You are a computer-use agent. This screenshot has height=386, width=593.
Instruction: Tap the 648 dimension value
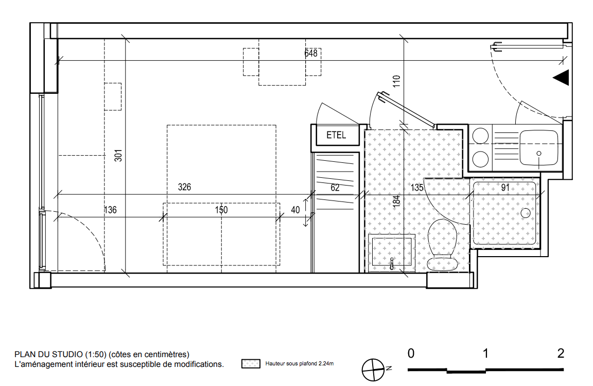click(x=311, y=53)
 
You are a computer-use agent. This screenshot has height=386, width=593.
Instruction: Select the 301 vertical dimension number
click(x=118, y=155)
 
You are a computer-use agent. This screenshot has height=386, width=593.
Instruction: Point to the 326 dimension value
click(x=185, y=187)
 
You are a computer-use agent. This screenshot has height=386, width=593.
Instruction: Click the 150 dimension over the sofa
click(x=221, y=210)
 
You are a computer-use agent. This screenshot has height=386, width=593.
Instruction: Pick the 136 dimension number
click(x=110, y=210)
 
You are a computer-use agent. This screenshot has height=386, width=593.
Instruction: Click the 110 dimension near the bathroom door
click(x=396, y=81)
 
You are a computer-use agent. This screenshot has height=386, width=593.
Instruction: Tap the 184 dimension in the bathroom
click(x=396, y=202)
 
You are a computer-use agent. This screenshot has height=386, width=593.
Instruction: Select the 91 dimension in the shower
click(x=505, y=188)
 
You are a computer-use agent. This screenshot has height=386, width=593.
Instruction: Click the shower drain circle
click(x=526, y=213)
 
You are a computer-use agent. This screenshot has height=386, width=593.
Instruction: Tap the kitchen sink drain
click(x=539, y=154)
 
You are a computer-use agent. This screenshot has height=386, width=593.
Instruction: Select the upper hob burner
click(x=480, y=136)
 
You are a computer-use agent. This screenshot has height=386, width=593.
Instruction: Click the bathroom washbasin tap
click(x=392, y=263)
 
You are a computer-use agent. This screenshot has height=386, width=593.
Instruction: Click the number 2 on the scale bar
click(x=561, y=354)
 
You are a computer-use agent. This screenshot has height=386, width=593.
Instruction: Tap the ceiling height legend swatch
click(x=251, y=364)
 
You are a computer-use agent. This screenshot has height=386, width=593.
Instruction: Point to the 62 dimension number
click(x=335, y=188)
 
